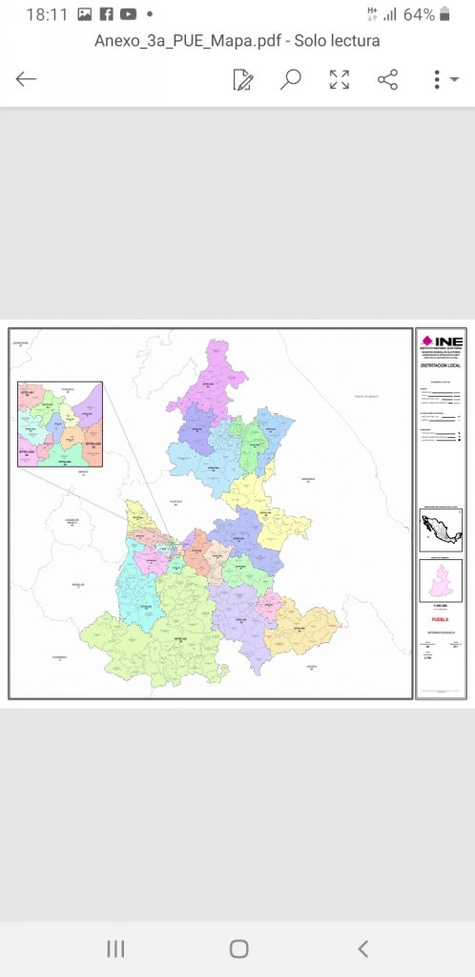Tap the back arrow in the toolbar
coord(26,79)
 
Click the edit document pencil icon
coord(243,79)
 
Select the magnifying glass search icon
coord(291,79)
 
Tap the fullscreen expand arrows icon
coord(340,79)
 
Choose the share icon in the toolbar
coord(387,79)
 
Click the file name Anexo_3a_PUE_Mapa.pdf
coord(237,41)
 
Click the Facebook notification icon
coord(106,14)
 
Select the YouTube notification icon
coord(128,14)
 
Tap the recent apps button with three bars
coord(115,948)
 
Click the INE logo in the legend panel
coord(442,342)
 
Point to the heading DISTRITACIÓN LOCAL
coord(441,364)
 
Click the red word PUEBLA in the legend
coord(441,618)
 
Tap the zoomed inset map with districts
coord(59,425)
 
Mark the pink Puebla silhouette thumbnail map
coord(441,579)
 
